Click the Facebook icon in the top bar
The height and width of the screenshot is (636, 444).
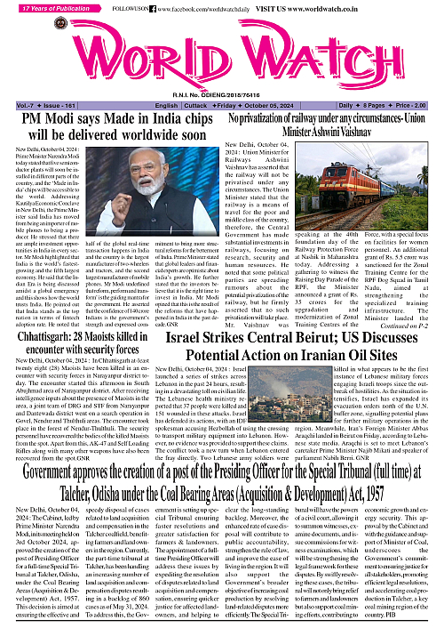[150, 8]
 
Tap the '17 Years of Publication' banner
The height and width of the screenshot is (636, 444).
[44, 8]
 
